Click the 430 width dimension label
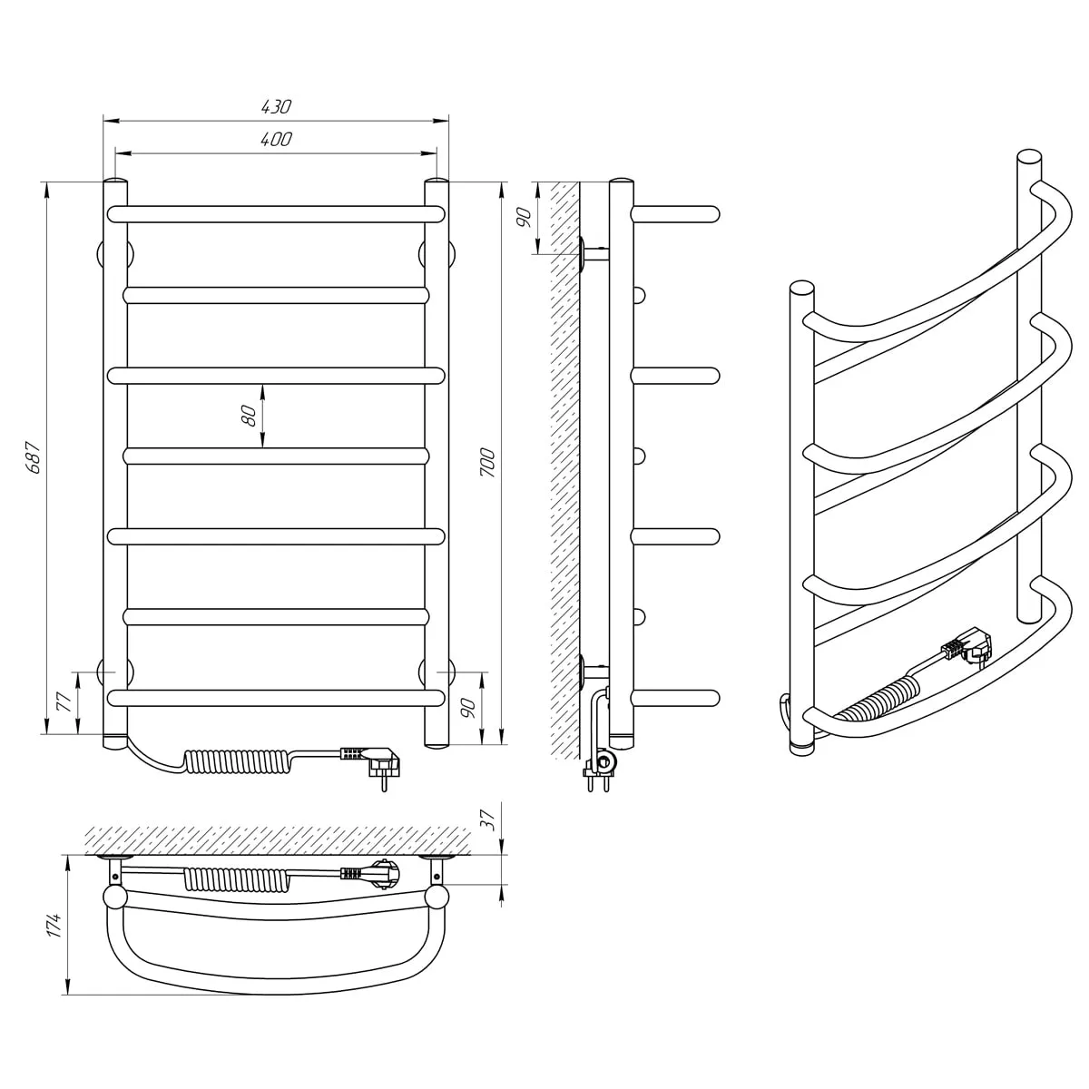(276, 107)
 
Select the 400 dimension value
(276, 139)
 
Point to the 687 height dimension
(34, 457)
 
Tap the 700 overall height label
(487, 463)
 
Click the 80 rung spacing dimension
(249, 416)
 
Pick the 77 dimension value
(64, 701)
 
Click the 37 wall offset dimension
(487, 819)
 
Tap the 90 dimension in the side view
(524, 218)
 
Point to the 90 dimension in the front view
(468, 708)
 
